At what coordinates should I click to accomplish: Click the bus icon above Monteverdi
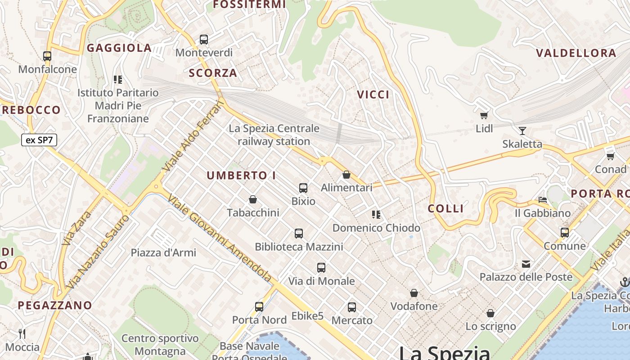tap(204, 40)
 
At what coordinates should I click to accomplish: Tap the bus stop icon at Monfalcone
tap(47, 56)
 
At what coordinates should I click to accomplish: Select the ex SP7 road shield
tap(39, 140)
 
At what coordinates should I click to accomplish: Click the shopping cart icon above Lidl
tap(484, 115)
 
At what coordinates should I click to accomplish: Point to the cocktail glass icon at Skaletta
tap(522, 131)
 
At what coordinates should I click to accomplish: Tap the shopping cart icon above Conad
tap(610, 156)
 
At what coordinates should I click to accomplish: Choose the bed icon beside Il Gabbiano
tap(543, 199)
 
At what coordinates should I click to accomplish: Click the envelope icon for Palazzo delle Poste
tap(526, 264)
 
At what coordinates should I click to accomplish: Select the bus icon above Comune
tap(565, 233)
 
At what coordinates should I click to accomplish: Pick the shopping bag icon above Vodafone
tap(414, 293)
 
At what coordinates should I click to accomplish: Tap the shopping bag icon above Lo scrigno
tap(490, 313)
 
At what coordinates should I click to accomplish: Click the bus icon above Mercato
tap(352, 307)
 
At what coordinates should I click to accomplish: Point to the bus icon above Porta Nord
tap(259, 307)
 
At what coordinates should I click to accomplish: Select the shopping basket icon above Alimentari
tap(346, 175)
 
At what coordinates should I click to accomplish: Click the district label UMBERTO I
tap(241, 175)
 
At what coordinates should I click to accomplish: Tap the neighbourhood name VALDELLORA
tap(576, 53)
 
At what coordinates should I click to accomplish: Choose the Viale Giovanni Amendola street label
tap(220, 238)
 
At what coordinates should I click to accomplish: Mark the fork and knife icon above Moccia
tap(22, 334)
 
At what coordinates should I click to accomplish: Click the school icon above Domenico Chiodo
tap(376, 215)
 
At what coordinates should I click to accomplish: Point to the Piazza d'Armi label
tap(163, 252)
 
